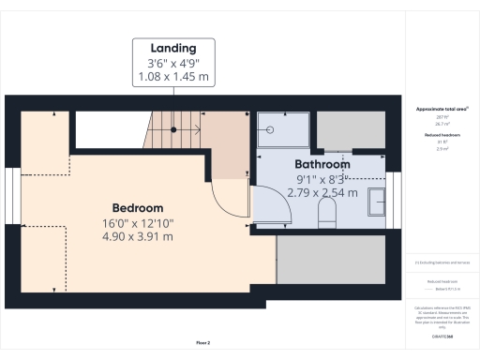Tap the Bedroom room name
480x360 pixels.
138,207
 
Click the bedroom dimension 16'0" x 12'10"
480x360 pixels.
138,223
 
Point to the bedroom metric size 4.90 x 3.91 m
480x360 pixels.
138,237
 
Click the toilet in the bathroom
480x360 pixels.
327,213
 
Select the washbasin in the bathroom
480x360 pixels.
377,201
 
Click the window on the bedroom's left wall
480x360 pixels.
10,196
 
